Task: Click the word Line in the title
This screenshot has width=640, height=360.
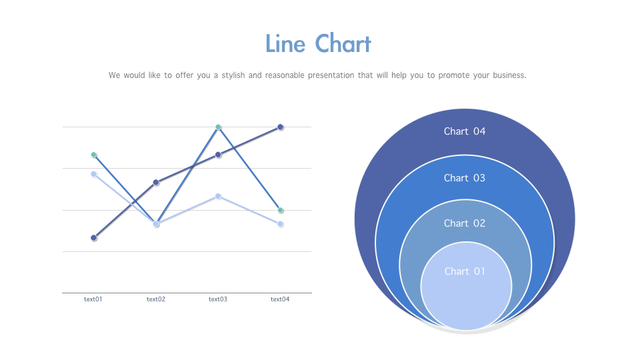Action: click(285, 44)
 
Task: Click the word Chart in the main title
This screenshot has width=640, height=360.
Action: click(343, 44)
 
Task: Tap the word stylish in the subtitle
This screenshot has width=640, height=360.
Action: click(233, 75)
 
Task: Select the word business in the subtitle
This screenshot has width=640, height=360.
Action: click(509, 75)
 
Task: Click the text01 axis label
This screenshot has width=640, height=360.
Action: click(93, 299)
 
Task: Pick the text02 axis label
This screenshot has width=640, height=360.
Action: click(156, 299)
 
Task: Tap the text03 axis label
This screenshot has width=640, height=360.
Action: click(218, 299)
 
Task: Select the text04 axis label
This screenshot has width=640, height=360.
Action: click(280, 299)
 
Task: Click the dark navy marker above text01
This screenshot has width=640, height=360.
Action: click(94, 237)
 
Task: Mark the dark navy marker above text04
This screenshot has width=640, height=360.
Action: click(281, 127)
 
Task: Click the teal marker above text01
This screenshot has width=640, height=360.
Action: click(94, 155)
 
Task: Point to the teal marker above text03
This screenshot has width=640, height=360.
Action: click(219, 127)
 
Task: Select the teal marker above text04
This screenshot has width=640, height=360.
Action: click(281, 210)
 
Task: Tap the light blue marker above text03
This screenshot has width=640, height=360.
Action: click(219, 196)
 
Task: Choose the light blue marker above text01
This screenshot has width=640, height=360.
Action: click(94, 174)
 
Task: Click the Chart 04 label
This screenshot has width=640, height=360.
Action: click(465, 131)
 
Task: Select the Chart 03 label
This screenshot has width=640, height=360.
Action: click(465, 178)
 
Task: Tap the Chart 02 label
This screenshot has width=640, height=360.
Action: click(465, 223)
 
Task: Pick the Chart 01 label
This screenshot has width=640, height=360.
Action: click(465, 271)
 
